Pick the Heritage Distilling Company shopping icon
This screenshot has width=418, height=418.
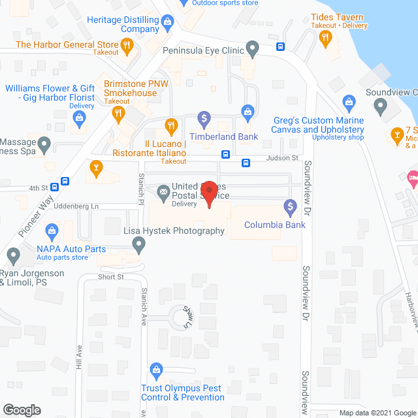[168, 23]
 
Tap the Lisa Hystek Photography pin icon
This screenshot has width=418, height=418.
[138, 246]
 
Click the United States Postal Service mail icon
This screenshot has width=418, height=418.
[163, 192]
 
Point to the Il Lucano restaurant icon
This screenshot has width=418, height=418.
[170, 125]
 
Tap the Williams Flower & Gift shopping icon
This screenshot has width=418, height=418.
[80, 118]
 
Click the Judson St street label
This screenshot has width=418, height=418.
[281, 158]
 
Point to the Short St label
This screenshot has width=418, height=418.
[111, 277]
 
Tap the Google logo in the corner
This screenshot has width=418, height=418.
[22, 410]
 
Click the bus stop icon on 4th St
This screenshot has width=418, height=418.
[65, 181]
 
